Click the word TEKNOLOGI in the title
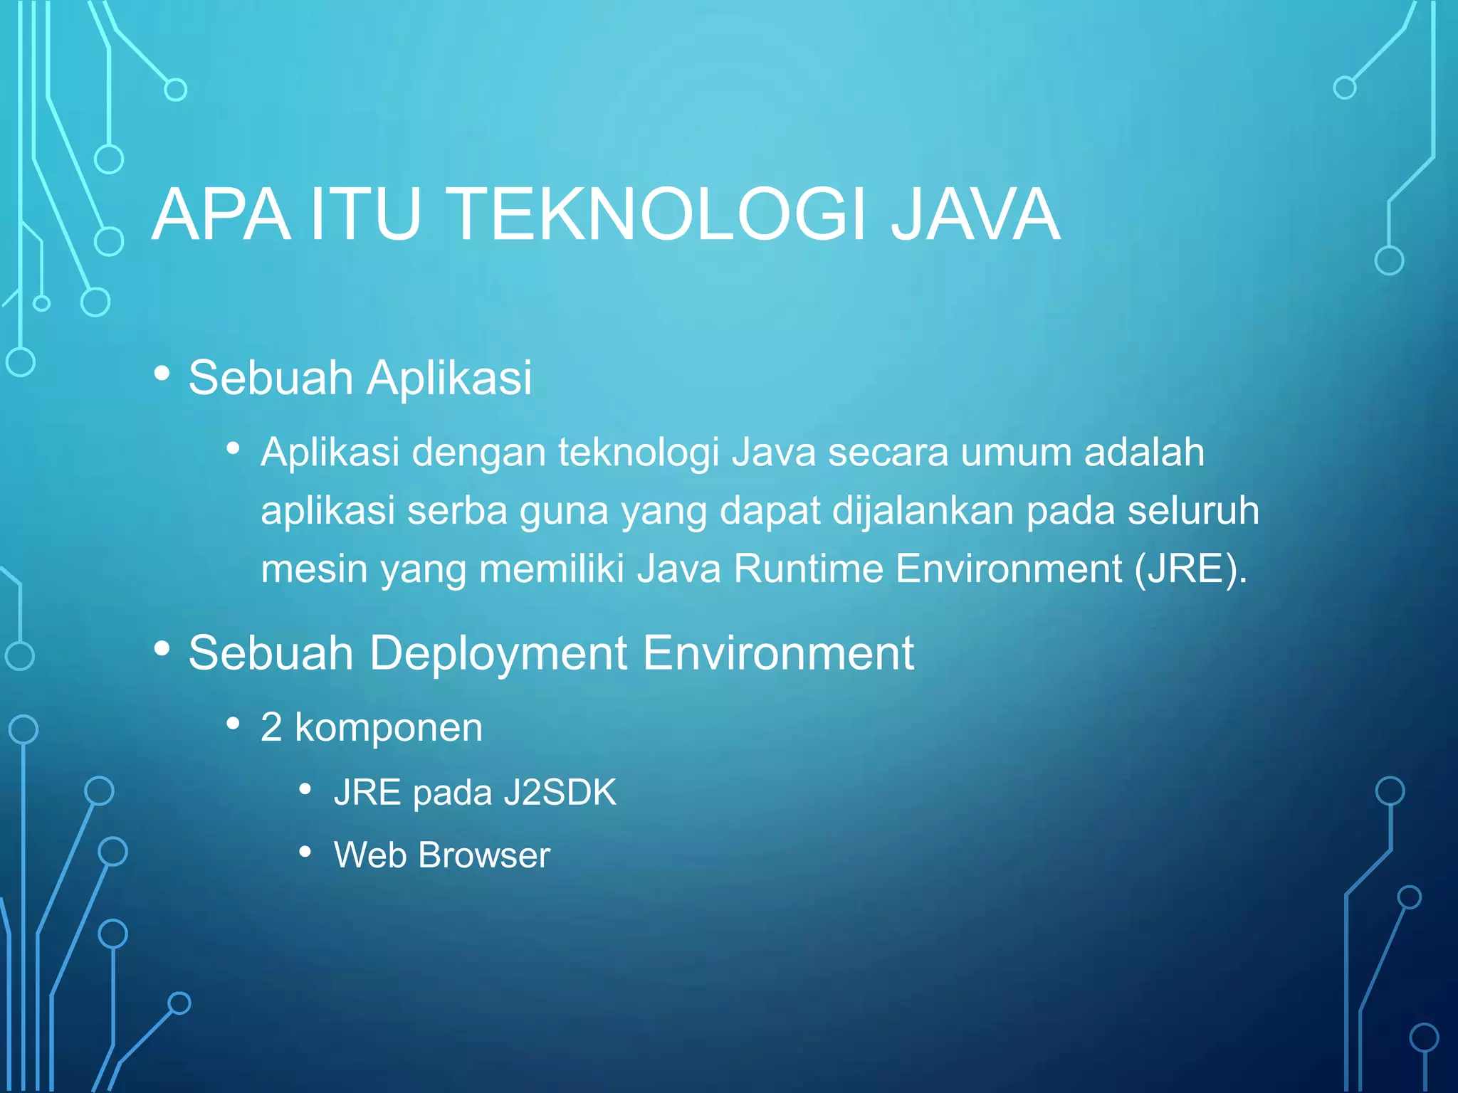659,215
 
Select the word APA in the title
221,215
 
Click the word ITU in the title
365,215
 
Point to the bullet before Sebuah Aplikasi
162,373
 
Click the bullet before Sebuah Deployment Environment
162,648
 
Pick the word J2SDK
560,793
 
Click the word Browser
484,855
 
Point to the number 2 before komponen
271,727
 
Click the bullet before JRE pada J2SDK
305,789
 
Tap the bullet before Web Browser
305,852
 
